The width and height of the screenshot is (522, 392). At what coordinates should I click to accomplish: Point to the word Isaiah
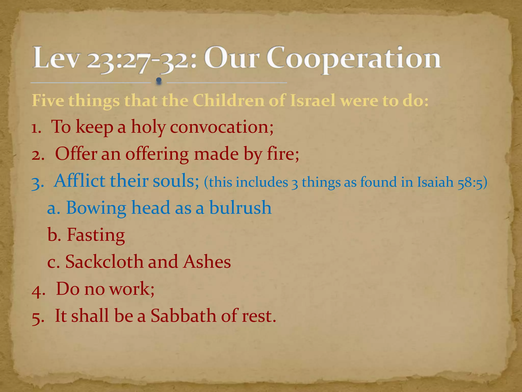pyautogui.click(x=435, y=182)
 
